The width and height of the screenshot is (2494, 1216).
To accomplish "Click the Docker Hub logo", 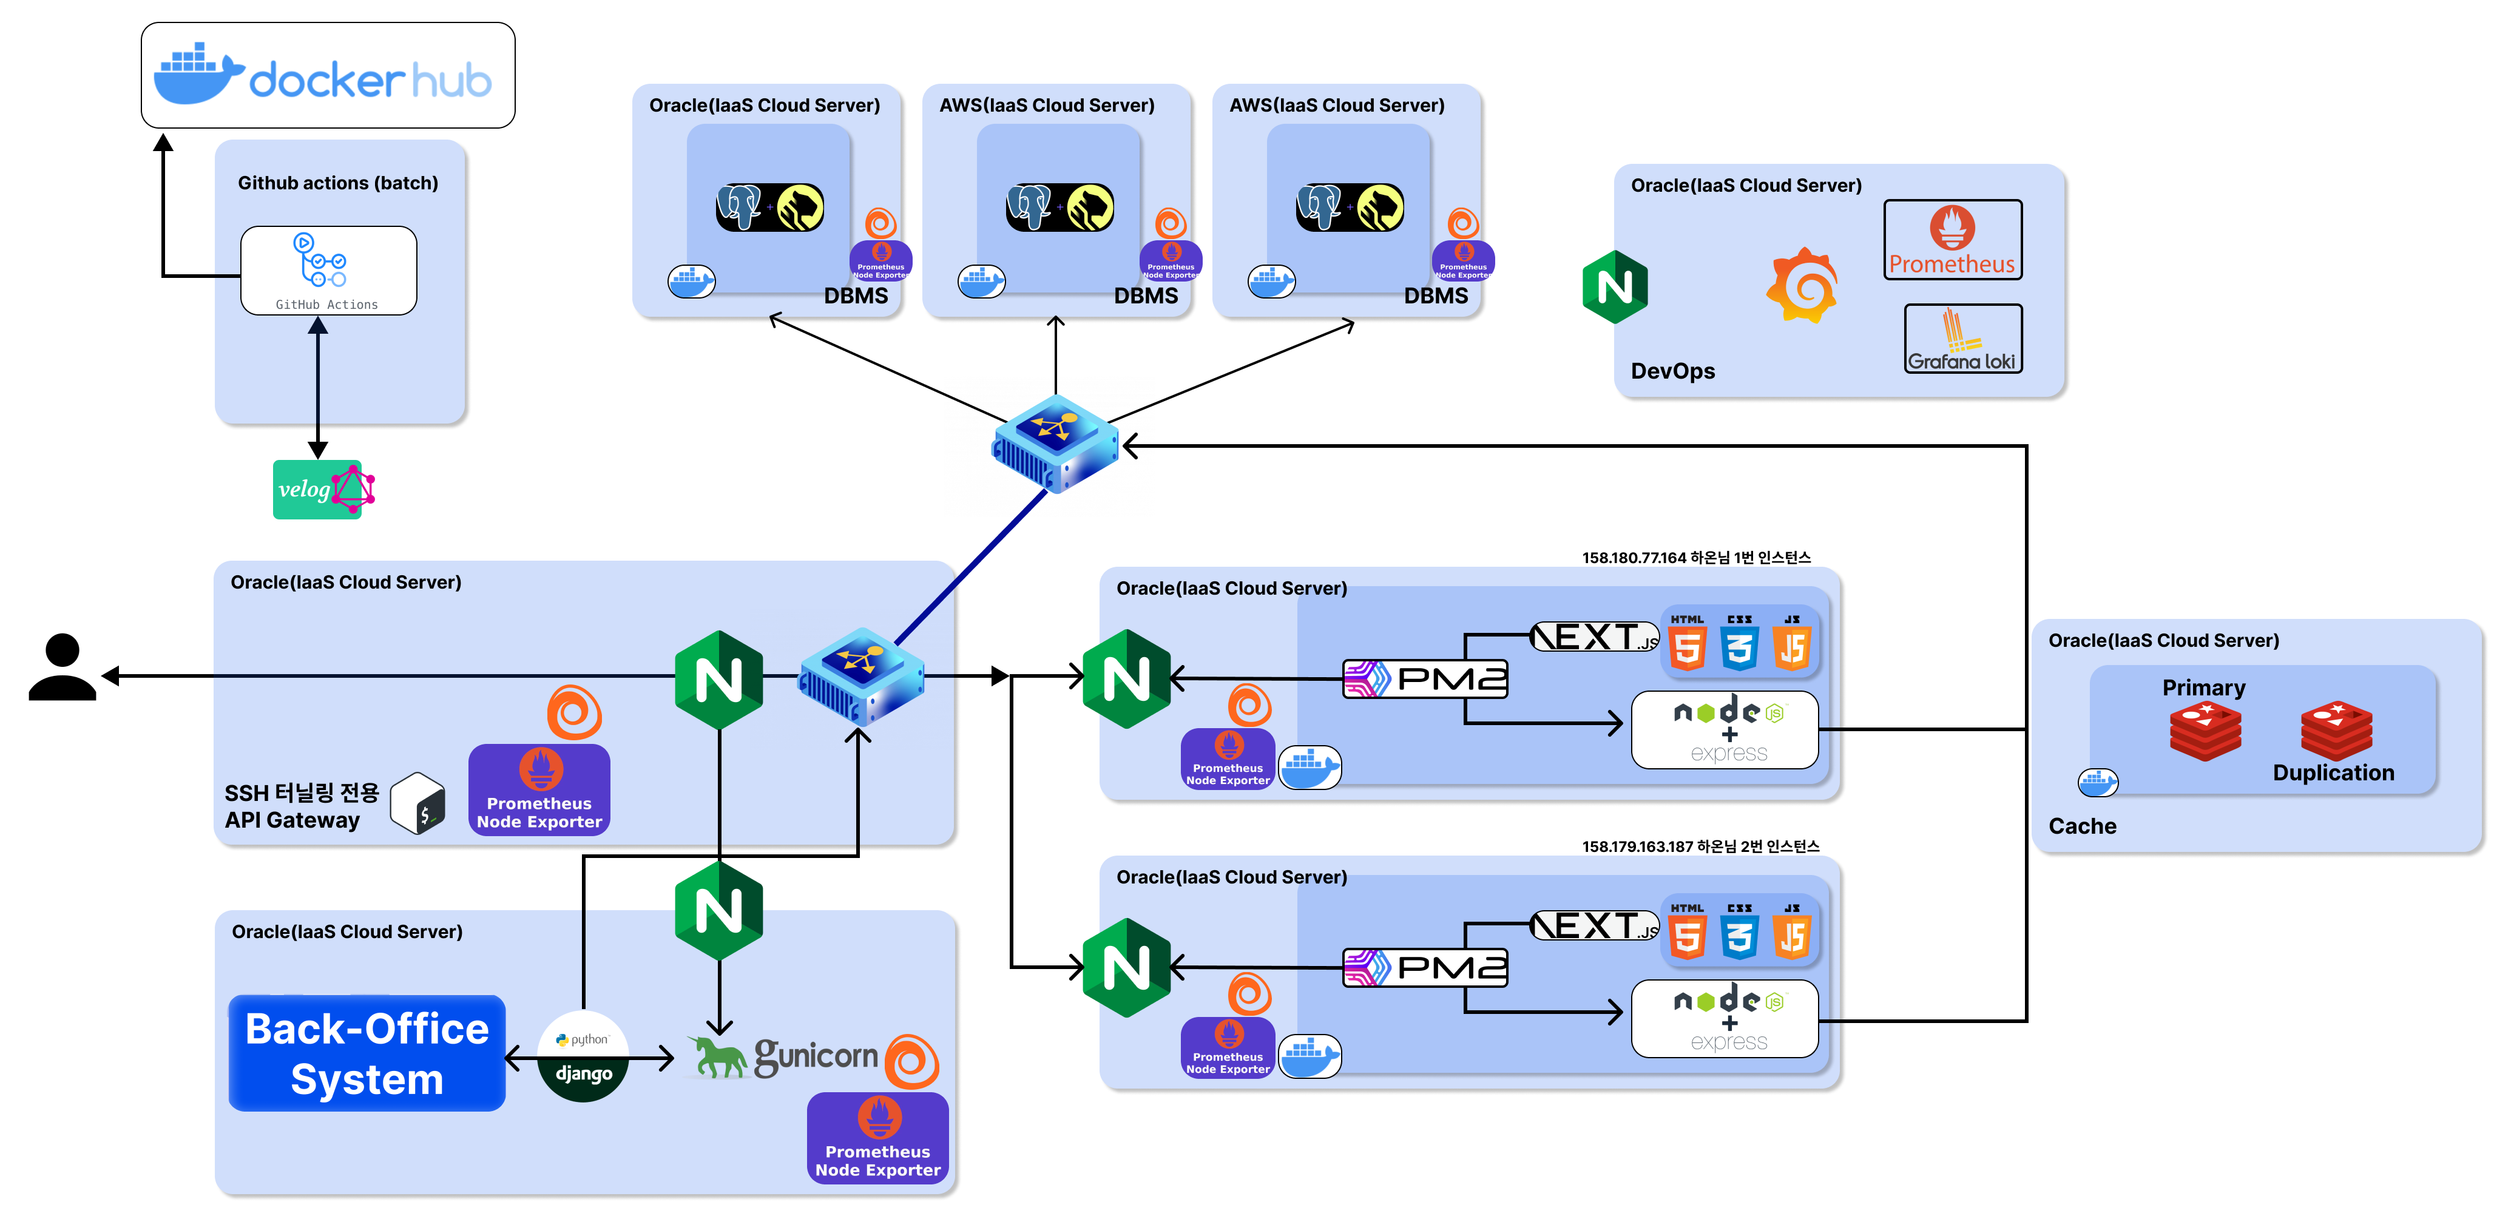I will [327, 75].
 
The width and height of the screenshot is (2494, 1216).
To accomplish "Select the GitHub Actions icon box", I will [328, 270].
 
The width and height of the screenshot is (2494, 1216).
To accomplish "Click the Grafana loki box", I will [1962, 339].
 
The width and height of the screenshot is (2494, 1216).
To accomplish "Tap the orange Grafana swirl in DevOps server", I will [1801, 286].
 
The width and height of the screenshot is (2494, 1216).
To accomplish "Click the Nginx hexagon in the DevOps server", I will [1615, 286].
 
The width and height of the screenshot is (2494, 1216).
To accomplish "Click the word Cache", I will [2081, 826].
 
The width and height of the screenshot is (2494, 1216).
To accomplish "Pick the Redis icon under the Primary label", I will [2205, 732].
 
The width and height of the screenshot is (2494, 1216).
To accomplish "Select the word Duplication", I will [2333, 772].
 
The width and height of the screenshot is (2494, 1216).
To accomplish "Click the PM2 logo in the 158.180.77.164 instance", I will [1424, 678].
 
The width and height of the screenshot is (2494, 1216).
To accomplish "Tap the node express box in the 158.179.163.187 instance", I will [1725, 1019].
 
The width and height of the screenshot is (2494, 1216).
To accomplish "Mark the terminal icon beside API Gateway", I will [418, 803].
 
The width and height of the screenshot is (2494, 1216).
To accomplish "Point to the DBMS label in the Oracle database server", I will [855, 296].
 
